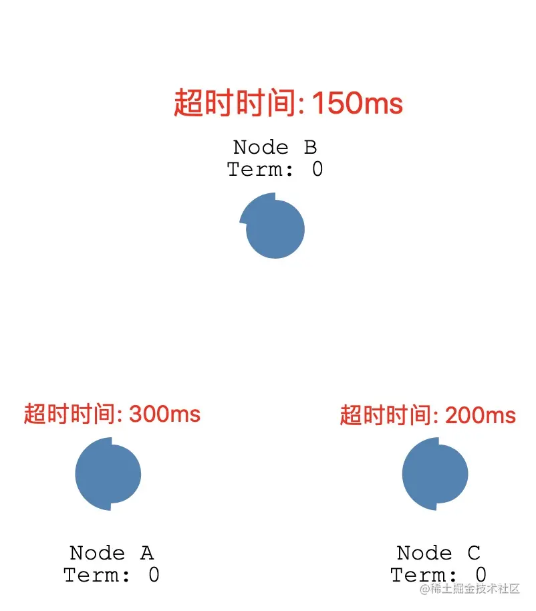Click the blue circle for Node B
(274, 227)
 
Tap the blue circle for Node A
(108, 474)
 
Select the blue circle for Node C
(435, 474)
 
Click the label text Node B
(275, 148)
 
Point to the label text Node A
(112, 554)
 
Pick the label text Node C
(438, 554)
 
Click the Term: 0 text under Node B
(275, 170)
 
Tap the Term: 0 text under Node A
(112, 575)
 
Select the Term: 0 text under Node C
(438, 575)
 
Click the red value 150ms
(358, 104)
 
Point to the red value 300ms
(165, 414)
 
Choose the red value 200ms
(481, 415)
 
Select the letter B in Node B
(309, 148)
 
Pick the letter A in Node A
(146, 554)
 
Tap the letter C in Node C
(473, 554)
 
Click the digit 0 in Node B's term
(317, 170)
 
